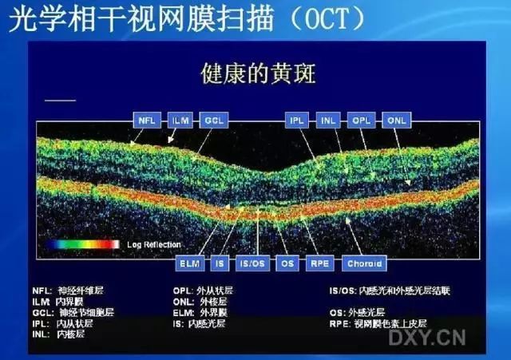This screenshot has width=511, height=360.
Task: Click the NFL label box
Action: (146, 121)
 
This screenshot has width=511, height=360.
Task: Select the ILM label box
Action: (181, 121)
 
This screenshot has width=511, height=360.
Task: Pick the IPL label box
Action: (297, 121)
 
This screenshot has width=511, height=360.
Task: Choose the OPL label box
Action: (362, 121)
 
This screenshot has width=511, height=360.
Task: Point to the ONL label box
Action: (396, 121)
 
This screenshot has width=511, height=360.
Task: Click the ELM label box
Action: (190, 262)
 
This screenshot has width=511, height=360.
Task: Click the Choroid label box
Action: (365, 262)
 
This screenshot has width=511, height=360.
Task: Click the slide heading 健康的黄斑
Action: (258, 75)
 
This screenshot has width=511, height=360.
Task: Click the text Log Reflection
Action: (153, 244)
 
